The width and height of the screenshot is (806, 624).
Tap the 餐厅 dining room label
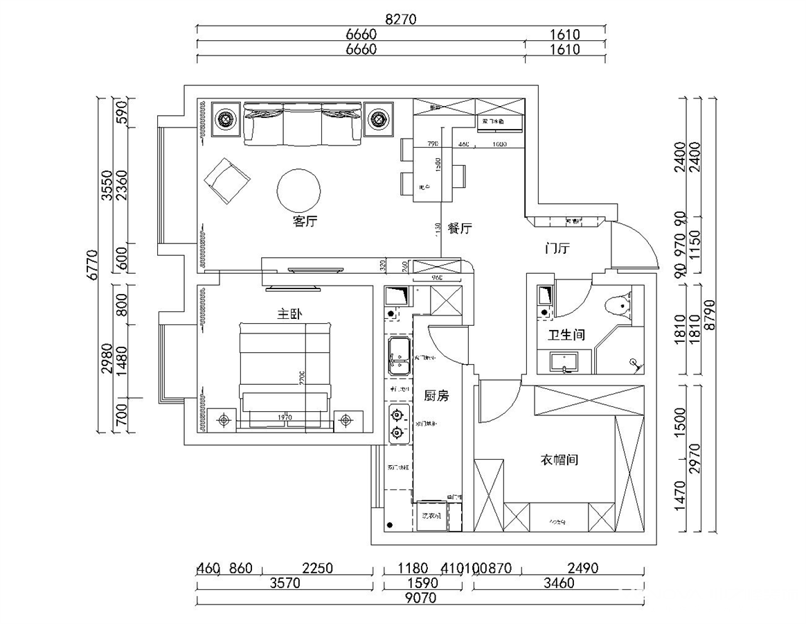click(x=459, y=228)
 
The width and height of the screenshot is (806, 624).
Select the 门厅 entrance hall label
click(x=557, y=248)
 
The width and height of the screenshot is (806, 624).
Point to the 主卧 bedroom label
click(x=289, y=314)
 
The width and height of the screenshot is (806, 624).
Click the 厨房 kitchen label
click(x=436, y=396)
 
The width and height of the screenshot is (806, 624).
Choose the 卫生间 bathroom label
click(x=566, y=335)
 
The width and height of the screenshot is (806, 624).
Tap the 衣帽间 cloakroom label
click(x=559, y=460)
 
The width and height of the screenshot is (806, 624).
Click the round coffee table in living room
click(x=298, y=190)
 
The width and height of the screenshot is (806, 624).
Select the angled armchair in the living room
click(x=226, y=181)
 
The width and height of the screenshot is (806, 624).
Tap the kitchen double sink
click(x=399, y=356)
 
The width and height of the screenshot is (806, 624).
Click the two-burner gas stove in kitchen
click(x=397, y=424)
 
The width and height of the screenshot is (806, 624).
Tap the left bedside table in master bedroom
click(x=223, y=419)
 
